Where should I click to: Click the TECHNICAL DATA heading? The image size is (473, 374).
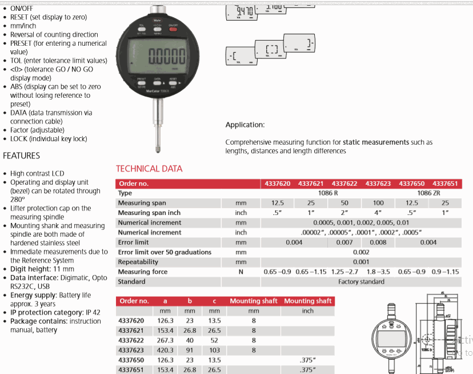149,169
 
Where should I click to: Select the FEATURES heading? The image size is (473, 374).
22,156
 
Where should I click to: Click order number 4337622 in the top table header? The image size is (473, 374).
344,184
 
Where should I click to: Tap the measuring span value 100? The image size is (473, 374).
378,203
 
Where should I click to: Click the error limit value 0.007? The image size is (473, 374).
344,242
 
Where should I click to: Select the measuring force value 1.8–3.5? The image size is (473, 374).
378,272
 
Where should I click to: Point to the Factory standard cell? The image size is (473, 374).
362,281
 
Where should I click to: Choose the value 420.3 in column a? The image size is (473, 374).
166,350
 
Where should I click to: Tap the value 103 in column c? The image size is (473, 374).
214,350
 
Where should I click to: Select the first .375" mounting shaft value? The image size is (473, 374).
307,360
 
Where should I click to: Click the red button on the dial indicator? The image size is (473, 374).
173,27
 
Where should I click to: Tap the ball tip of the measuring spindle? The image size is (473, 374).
158,151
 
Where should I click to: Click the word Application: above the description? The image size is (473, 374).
245,125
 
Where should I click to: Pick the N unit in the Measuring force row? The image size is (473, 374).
241,272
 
